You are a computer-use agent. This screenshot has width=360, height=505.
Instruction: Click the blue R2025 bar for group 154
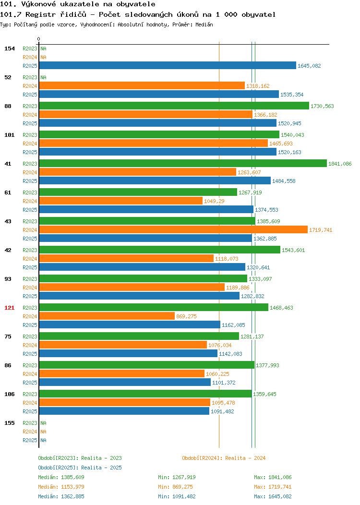168,65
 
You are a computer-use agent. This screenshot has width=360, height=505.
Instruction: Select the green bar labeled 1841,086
183,163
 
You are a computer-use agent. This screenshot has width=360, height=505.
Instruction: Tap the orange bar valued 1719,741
173,229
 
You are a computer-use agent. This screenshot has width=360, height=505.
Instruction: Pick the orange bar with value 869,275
107,316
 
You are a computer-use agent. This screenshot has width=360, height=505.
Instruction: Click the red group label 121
9,308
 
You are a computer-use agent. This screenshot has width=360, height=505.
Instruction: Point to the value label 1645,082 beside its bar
309,66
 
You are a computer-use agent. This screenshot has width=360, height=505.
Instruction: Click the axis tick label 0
39,39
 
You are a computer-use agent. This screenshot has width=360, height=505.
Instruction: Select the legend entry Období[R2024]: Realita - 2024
224,458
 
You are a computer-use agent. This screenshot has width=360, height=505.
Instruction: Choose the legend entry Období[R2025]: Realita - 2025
80,468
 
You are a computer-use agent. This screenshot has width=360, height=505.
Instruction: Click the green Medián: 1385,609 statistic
61,477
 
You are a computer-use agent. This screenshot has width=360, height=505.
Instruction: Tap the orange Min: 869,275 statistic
175,487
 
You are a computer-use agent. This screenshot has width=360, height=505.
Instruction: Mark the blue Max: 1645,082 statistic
273,497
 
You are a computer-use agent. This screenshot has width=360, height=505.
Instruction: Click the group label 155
9,423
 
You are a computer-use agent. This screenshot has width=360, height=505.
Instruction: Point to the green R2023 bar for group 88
174,106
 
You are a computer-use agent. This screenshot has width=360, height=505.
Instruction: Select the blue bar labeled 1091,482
124,411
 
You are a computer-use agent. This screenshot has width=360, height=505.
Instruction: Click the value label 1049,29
214,201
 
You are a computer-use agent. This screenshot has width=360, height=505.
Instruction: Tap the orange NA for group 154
44,57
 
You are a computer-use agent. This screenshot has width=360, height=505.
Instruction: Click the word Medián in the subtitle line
204,24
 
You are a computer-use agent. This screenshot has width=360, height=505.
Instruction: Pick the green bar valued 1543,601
160,250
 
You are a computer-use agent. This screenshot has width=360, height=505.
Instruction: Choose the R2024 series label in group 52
30,86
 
